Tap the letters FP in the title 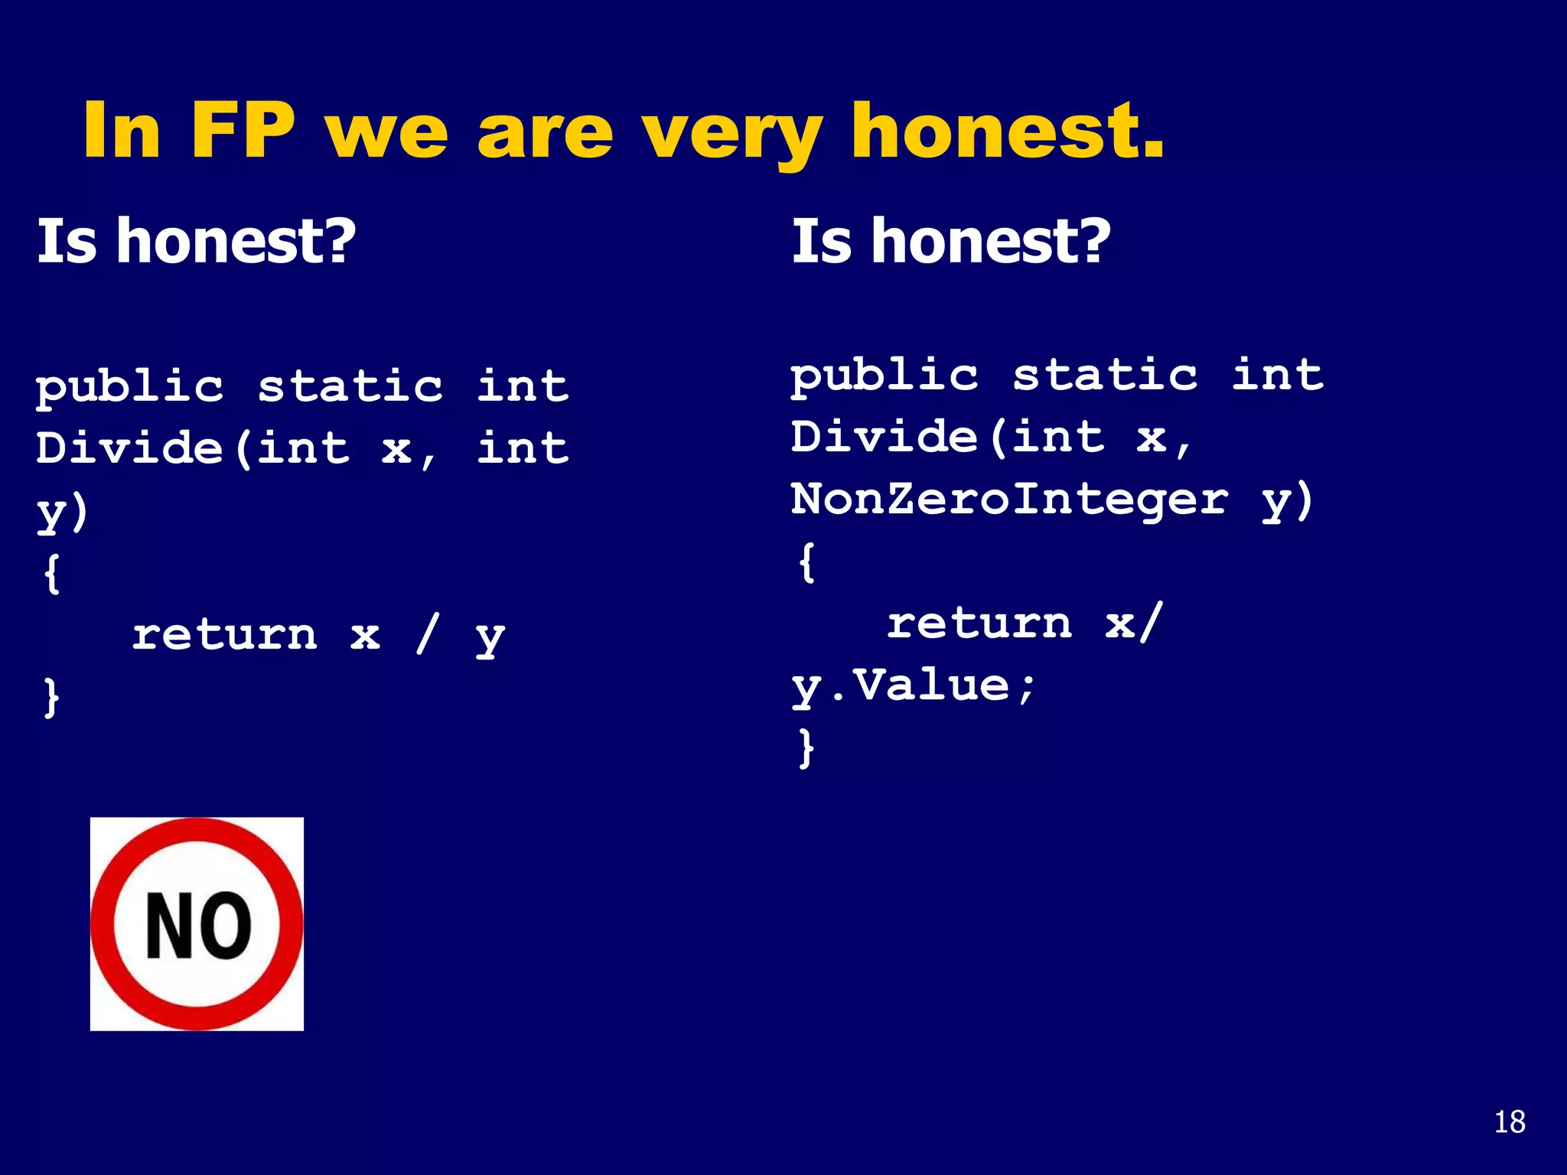coord(243,132)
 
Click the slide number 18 coord(1509,1122)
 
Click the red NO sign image coord(197,923)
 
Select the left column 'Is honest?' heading coord(197,241)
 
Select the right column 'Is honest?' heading coord(950,241)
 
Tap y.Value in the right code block coord(914,685)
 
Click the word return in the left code coord(224,635)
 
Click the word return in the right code coord(979,623)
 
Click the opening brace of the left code coord(51,574)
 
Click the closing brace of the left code coord(51,697)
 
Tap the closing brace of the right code coord(806,747)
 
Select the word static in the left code coord(350,386)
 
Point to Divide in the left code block coord(129,448)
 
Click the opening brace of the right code coord(806,562)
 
